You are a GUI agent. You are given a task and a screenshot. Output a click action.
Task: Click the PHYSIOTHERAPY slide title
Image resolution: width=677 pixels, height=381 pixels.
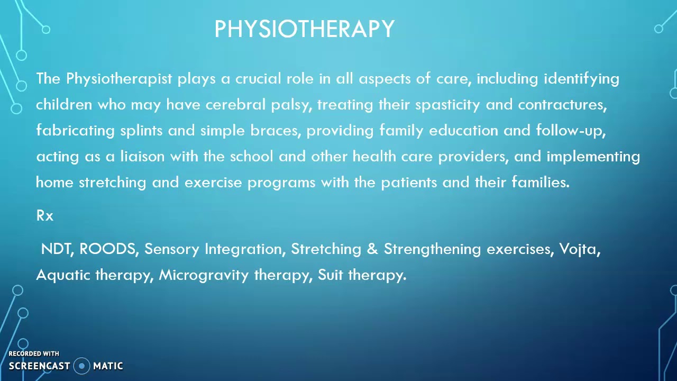[304, 29]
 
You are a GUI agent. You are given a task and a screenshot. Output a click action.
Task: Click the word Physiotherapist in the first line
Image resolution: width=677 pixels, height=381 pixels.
[119, 79]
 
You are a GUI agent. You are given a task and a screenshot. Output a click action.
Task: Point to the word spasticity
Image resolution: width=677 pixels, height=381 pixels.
[447, 105]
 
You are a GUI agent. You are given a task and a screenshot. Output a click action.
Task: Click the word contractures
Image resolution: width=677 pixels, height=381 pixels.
[562, 105]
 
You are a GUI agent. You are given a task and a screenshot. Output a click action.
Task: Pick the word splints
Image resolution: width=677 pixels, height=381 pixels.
[141, 131]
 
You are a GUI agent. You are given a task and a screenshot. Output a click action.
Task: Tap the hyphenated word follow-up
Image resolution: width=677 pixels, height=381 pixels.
[570, 131]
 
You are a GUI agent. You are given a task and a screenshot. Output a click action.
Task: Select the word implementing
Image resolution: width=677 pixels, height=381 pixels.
[593, 157]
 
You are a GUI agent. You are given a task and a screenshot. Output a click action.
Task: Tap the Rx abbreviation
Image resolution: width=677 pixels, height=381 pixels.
[45, 216]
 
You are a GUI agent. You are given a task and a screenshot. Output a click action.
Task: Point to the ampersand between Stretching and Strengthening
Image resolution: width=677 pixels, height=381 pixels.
[372, 249]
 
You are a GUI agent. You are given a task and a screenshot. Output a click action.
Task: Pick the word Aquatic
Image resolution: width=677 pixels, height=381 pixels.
[63, 275]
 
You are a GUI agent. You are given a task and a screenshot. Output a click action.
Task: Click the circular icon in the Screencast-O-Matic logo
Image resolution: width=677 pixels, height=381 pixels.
[82, 366]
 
